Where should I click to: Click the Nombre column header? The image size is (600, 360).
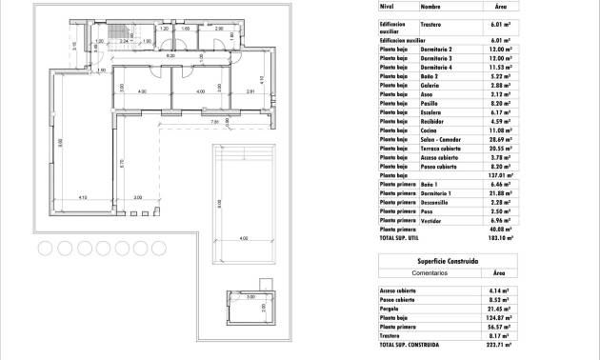point(430,6)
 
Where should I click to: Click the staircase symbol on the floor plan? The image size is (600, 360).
point(119,39)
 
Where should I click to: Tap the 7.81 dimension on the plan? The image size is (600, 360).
point(215,123)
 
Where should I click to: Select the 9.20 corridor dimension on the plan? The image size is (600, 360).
point(171,57)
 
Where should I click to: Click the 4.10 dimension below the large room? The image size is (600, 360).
point(84,198)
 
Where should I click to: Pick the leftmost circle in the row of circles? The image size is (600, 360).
point(44,249)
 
